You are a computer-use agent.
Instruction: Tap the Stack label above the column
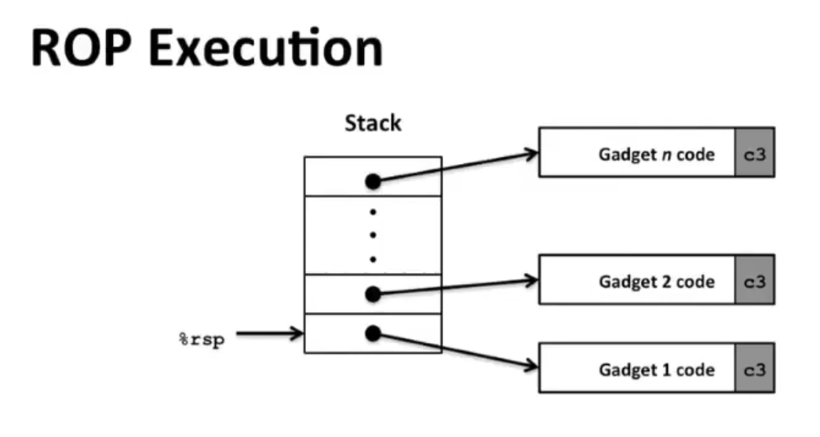tap(373, 123)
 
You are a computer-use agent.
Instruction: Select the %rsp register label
tap(199, 340)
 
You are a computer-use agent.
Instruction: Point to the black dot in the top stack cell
tap(373, 181)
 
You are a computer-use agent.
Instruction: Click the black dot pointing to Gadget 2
tap(373, 294)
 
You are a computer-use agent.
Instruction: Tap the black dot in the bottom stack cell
tap(373, 333)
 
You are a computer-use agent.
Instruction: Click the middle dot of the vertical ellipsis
tap(373, 235)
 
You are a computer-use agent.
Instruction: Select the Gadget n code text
tap(656, 154)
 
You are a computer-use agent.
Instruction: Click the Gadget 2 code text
tap(656, 281)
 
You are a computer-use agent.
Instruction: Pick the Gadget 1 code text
tap(656, 370)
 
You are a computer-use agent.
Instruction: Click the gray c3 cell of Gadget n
tap(754, 153)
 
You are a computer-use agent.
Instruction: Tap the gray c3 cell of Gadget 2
tap(754, 280)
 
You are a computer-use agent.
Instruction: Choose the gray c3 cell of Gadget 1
tap(754, 369)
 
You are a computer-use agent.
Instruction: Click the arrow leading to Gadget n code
tap(455, 166)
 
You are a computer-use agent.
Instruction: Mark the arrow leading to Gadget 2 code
tap(455, 286)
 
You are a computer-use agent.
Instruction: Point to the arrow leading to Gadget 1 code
tap(455, 351)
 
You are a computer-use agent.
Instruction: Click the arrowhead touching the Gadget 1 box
tap(531, 366)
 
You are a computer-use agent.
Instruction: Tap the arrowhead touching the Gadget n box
tap(531, 153)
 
